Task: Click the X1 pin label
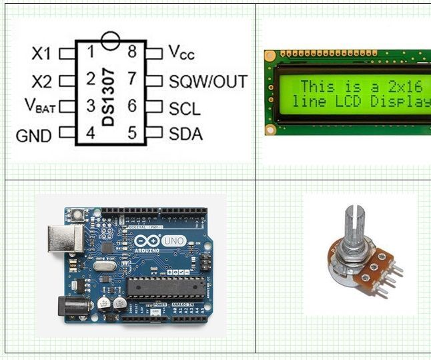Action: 42,53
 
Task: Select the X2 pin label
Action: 41,81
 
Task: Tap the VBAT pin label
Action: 40,105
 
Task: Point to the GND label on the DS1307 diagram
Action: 33,136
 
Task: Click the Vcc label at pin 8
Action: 181,52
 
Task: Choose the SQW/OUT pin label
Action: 207,81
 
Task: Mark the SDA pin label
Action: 185,134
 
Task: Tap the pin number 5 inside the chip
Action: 132,133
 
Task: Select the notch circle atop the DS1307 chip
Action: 111,40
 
